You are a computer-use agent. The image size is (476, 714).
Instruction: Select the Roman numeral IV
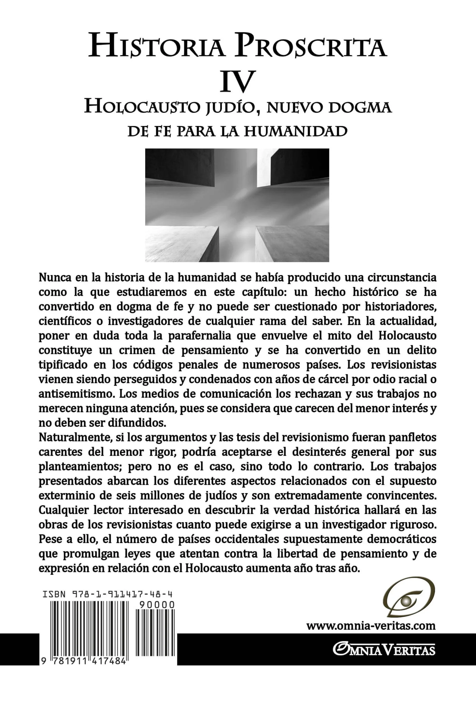(237, 81)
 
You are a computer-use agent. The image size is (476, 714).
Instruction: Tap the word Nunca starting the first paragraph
(55, 278)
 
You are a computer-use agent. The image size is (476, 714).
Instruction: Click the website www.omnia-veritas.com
(371, 626)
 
